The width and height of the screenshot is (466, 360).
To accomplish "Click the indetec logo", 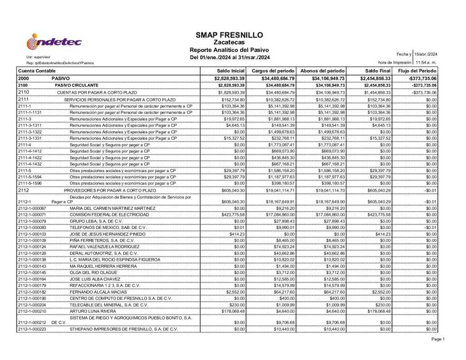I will [x=54, y=42].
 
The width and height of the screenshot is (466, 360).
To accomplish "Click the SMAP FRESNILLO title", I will [x=229, y=35].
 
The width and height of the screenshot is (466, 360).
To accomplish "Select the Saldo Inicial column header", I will [x=232, y=71].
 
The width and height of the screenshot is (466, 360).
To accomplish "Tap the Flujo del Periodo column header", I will [x=417, y=71].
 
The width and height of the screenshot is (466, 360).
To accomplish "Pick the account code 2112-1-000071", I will [x=32, y=214].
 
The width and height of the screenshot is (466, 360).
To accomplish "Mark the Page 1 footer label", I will [x=438, y=339].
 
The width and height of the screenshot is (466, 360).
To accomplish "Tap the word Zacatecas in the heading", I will [x=229, y=42].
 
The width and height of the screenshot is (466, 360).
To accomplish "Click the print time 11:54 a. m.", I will [x=426, y=62].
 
